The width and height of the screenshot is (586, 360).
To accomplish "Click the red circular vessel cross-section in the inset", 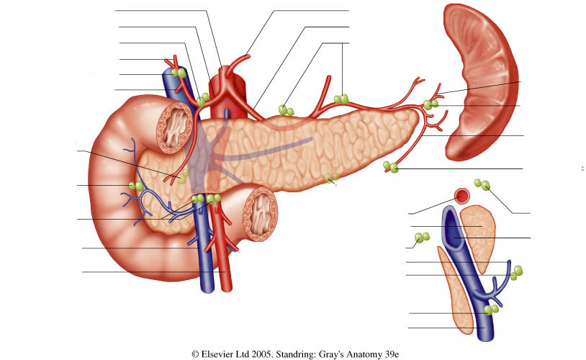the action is point(462,196).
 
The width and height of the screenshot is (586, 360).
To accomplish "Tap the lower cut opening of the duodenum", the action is point(261,214).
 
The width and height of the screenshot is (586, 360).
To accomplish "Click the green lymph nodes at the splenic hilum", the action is point(431,104).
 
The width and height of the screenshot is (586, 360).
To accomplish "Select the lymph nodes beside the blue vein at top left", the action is point(179,73).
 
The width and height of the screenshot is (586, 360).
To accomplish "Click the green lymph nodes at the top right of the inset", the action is point(482,184).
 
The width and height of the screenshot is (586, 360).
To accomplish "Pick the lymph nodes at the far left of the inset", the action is point(422,238).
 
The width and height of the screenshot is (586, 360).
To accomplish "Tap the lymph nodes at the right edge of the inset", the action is point(516,273).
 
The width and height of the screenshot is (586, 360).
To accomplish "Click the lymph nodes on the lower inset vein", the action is point(491,310).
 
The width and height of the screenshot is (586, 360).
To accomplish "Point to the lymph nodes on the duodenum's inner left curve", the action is point(136,186).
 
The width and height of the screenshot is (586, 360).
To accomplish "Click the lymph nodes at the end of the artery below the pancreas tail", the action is point(391,167).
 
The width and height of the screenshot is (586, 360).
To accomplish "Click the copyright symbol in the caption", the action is point(195,354).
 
